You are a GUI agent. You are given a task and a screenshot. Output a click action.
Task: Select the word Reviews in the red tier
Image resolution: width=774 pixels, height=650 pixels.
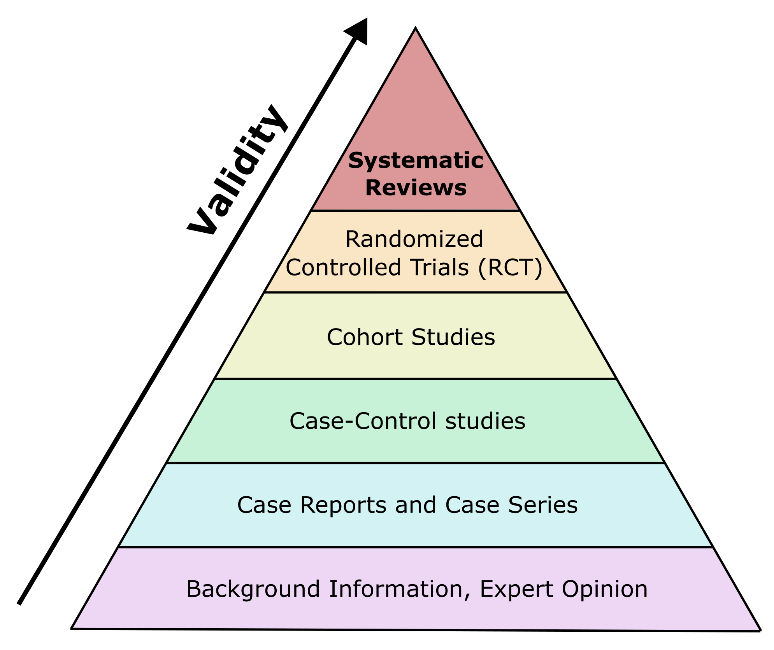tap(416, 188)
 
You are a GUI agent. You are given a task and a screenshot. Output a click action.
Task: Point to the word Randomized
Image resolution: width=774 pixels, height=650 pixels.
tap(414, 239)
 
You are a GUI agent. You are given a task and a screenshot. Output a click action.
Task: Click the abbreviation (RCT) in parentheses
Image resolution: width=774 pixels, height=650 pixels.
tap(510, 267)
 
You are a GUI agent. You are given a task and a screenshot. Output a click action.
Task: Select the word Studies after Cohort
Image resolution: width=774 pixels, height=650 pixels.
tap(453, 337)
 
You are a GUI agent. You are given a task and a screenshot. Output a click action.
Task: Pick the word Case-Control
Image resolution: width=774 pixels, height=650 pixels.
tap(363, 421)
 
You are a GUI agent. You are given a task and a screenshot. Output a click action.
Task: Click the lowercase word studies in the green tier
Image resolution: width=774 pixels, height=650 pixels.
tap(485, 421)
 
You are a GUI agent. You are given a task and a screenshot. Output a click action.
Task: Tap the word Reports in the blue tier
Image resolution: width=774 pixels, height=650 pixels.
tap(343, 505)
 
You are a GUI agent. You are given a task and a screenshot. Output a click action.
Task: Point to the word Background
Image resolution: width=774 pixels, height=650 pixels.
tap(253, 589)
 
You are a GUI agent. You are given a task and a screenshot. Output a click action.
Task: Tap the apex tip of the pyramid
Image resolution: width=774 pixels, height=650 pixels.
tap(416, 27)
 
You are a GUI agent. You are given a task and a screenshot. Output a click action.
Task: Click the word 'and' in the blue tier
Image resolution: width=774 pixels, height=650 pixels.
tap(416, 505)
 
